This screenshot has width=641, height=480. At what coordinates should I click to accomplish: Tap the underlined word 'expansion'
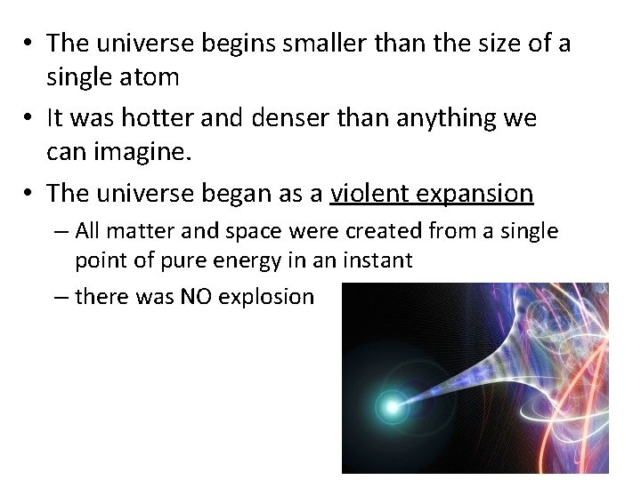[478, 192]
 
